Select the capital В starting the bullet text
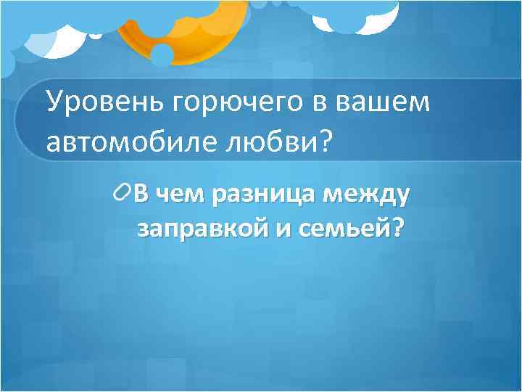click(143, 194)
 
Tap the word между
click(367, 194)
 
